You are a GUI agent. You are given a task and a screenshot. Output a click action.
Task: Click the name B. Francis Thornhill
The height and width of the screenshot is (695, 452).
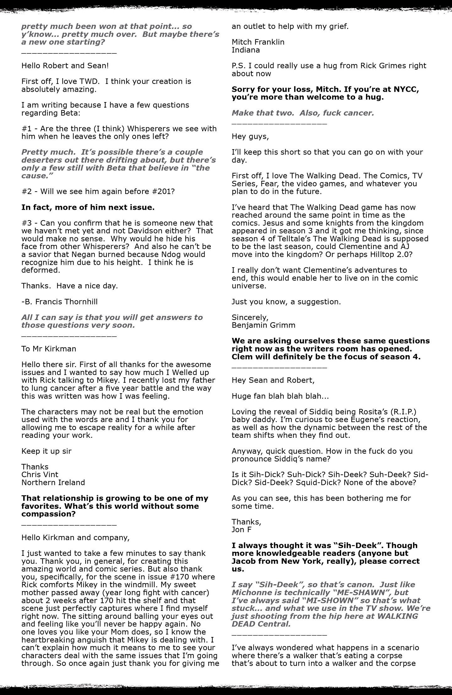tap(59, 302)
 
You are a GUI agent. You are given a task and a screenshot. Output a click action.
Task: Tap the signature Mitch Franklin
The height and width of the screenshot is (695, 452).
tap(258, 42)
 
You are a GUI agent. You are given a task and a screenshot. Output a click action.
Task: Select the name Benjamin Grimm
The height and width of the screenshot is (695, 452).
tap(263, 325)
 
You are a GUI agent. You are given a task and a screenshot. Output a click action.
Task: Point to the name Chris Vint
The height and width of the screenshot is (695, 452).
tap(40, 475)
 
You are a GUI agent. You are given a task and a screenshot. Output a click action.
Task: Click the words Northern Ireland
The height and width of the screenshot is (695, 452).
tap(53, 482)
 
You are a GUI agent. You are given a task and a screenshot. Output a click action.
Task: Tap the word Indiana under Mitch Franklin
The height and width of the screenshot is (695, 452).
tap(245, 50)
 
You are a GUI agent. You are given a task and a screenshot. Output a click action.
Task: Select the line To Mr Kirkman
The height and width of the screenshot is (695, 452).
tap(49, 349)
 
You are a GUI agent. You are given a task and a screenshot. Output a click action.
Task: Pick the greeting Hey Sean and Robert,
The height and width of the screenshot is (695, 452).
tap(273, 380)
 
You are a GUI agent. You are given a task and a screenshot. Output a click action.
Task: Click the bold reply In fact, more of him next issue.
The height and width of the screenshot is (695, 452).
tap(88, 207)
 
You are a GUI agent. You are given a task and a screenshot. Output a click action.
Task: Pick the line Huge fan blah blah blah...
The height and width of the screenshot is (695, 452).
tap(280, 396)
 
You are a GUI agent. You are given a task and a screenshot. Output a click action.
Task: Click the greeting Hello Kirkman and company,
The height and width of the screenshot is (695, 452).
tap(75, 537)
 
